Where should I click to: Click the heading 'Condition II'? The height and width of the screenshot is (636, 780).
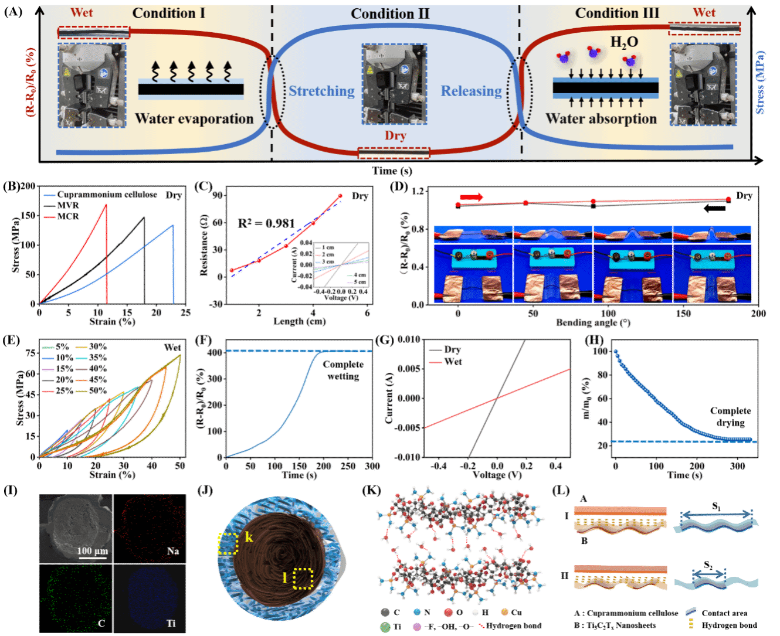coord(390,13)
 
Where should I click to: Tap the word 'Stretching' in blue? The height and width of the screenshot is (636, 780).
coord(321,91)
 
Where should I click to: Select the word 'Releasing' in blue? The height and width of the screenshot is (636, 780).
coord(471,91)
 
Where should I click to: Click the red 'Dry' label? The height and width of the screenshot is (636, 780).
coord(395,135)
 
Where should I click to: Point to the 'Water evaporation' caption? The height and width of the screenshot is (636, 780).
coord(194,119)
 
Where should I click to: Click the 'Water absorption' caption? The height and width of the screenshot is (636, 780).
coord(601,119)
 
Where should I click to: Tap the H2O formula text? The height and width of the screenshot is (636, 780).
coord(624,42)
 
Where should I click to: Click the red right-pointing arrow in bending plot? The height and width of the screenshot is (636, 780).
coord(472,198)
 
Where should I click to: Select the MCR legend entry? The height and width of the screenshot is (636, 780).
coord(67,216)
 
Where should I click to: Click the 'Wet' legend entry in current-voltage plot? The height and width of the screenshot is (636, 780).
coord(453,362)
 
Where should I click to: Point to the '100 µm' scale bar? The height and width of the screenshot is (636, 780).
coord(93,552)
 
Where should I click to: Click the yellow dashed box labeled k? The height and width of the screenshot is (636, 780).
coord(227,543)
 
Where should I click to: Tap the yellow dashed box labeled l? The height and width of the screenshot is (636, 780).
coord(303,579)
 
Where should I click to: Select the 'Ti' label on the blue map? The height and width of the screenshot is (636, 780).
coord(171,623)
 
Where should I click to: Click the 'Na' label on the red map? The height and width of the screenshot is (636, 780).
coord(172,551)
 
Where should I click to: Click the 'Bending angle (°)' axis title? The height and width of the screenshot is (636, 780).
coord(593,322)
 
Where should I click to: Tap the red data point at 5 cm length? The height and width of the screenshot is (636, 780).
coord(340,196)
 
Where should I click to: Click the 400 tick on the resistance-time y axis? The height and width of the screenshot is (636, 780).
coord(215,352)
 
